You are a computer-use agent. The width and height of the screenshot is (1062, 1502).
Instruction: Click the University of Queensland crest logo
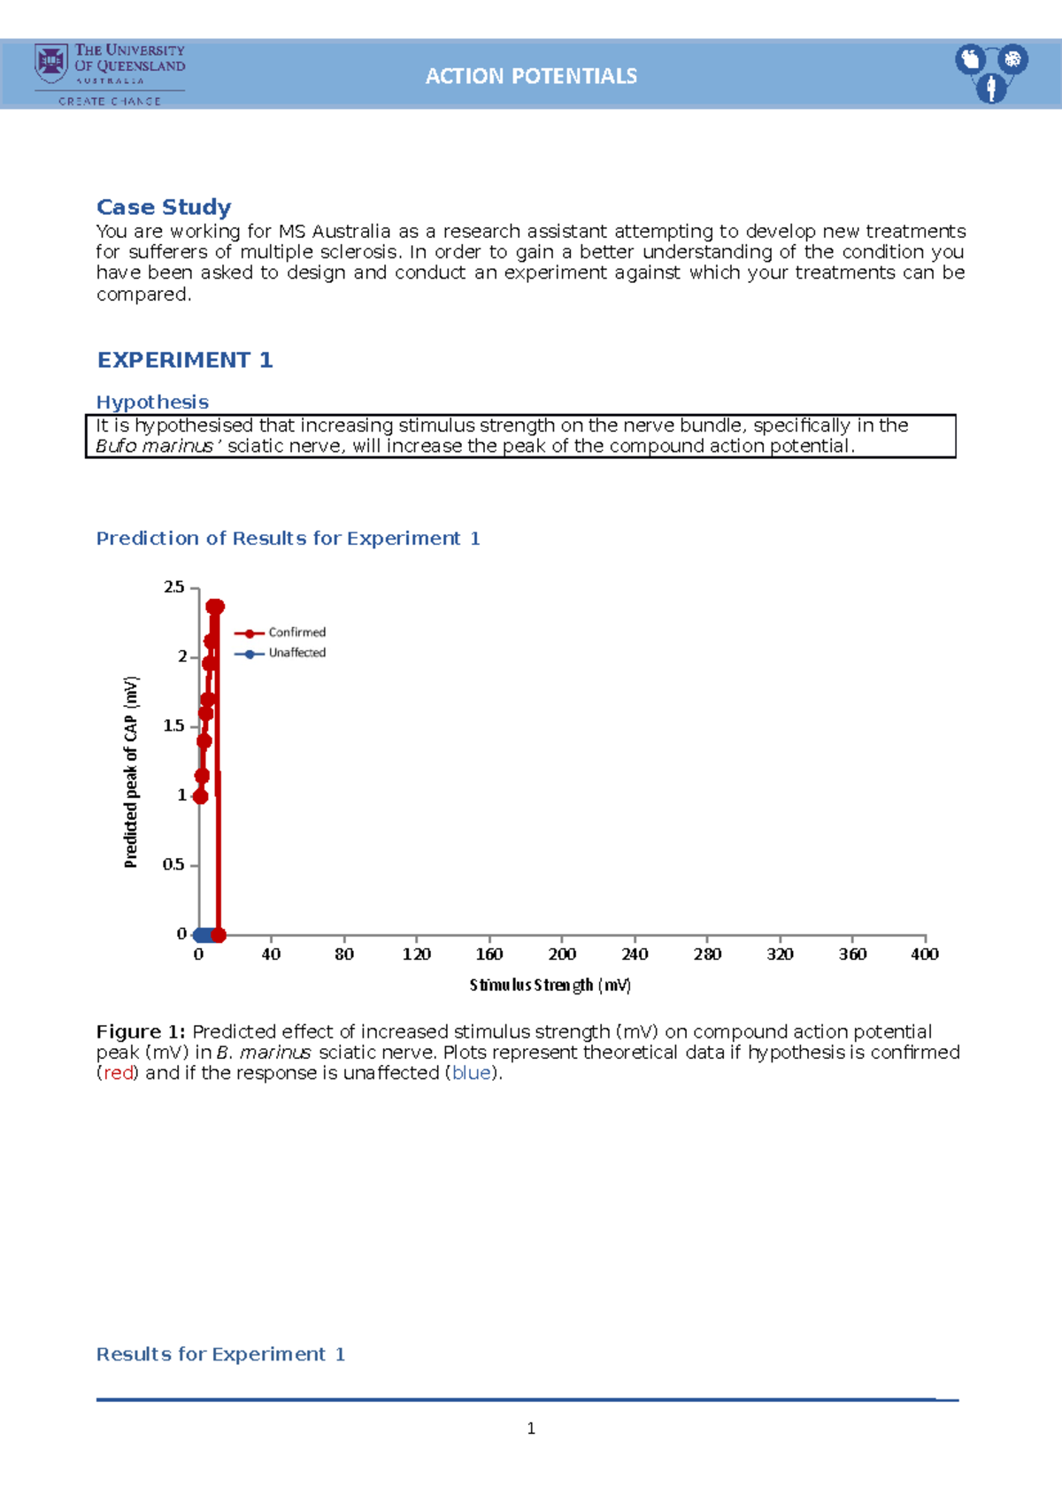(51, 63)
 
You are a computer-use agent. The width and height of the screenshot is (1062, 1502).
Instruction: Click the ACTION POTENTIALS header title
(531, 76)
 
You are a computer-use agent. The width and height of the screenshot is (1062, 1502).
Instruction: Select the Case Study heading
(164, 207)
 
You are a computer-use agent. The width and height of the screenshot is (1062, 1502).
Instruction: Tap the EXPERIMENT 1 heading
(184, 360)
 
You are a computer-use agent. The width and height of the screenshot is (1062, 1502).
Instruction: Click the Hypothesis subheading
(152, 402)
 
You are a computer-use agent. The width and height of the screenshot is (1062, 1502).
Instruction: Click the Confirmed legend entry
(296, 632)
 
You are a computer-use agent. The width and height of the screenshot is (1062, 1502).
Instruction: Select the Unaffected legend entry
(296, 653)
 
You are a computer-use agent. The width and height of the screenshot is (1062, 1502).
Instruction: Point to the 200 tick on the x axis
(562, 954)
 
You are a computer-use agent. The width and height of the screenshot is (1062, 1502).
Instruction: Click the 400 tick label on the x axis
(925, 954)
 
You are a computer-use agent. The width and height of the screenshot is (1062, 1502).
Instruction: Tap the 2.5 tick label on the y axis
(173, 587)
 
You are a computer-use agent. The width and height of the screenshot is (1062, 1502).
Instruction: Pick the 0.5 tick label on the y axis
(173, 864)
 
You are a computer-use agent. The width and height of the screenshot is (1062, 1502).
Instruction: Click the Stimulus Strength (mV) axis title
(550, 985)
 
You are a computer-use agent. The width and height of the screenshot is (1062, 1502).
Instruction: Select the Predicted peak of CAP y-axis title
(131, 771)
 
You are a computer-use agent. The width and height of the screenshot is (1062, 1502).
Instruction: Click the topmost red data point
(215, 607)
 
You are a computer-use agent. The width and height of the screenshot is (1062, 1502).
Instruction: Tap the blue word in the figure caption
(471, 1073)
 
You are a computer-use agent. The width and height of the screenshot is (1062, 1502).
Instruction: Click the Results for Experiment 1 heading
(220, 1354)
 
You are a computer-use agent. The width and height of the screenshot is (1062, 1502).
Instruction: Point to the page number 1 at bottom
(531, 1428)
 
